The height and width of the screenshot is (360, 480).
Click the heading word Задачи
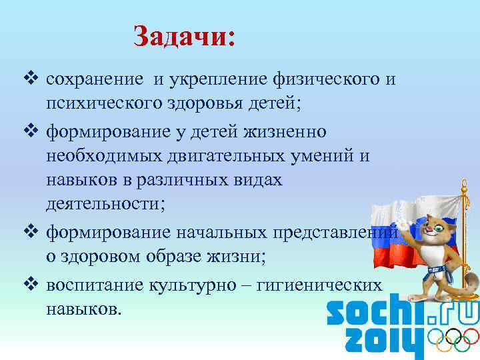[x=184, y=36]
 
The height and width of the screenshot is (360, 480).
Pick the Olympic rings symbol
[x=453, y=342]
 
